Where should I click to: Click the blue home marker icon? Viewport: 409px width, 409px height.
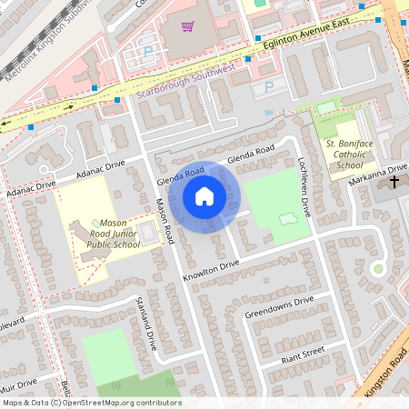[204, 195]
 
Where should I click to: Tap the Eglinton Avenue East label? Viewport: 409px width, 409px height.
[289, 45]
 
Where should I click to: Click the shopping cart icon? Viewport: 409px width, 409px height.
[188, 27]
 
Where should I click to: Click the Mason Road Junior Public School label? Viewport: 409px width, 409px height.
[114, 234]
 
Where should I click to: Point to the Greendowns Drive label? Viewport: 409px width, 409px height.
[279, 307]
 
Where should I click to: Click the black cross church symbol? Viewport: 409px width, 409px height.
[394, 183]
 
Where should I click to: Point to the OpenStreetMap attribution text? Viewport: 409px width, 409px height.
[91, 403]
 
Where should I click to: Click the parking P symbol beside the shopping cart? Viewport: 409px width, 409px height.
[148, 52]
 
